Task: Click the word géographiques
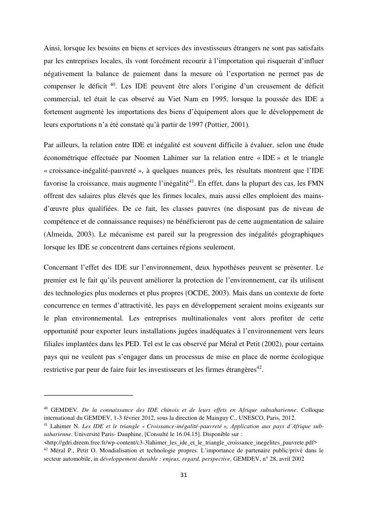click(x=300, y=234)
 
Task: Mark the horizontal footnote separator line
click(x=88, y=395)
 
